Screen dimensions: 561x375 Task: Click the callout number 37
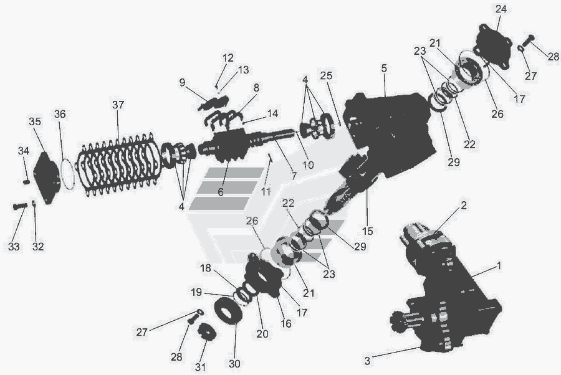118,105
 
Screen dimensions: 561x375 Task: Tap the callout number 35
35,121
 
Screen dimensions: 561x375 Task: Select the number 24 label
501,9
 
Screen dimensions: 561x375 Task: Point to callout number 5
384,68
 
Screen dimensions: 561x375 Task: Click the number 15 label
367,231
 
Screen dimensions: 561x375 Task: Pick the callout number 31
200,367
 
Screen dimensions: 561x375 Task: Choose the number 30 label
234,364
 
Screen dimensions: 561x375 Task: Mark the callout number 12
228,57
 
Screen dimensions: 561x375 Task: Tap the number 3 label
367,361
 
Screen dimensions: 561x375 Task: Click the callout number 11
266,192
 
